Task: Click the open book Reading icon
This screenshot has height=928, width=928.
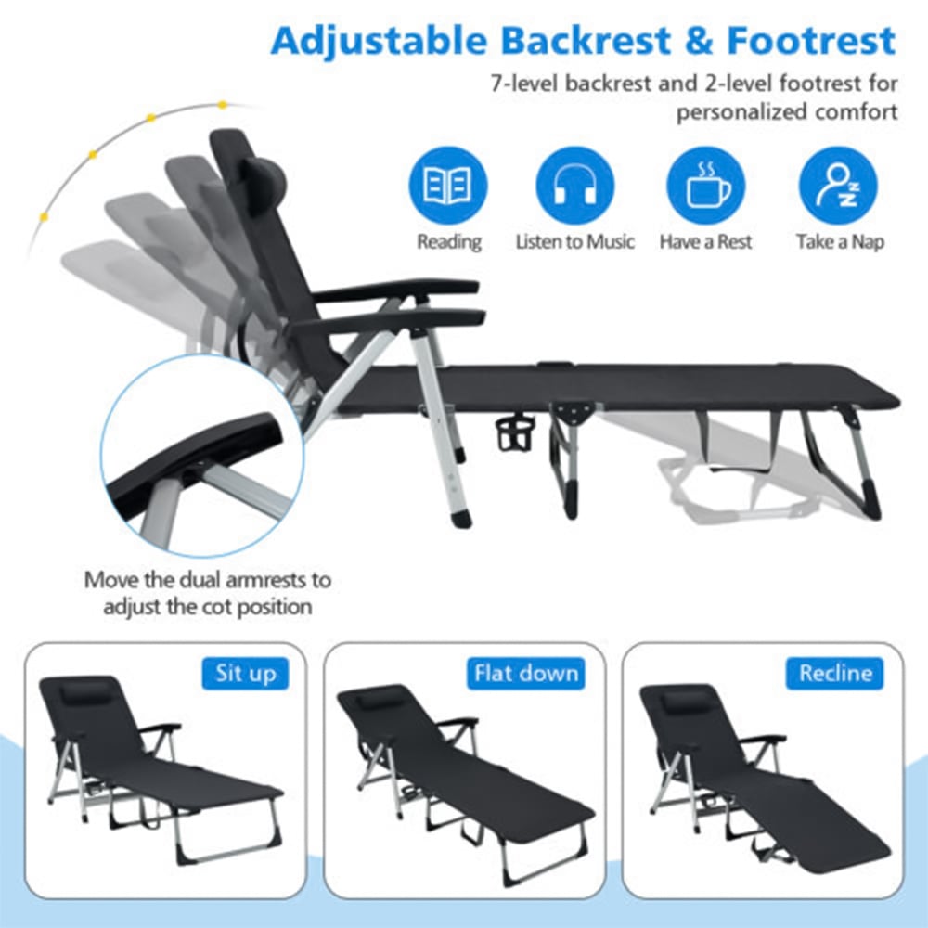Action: click(x=448, y=185)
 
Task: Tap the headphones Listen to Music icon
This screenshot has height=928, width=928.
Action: click(x=575, y=185)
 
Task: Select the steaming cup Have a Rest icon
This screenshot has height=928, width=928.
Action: click(x=705, y=185)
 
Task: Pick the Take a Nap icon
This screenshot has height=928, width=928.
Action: click(x=838, y=185)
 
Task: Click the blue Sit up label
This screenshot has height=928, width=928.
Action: click(x=245, y=674)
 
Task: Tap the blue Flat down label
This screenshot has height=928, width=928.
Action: click(x=526, y=674)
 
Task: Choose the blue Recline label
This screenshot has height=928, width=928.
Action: click(x=835, y=674)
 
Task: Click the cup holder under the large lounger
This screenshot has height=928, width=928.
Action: click(x=515, y=432)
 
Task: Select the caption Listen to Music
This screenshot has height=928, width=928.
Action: click(x=575, y=242)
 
